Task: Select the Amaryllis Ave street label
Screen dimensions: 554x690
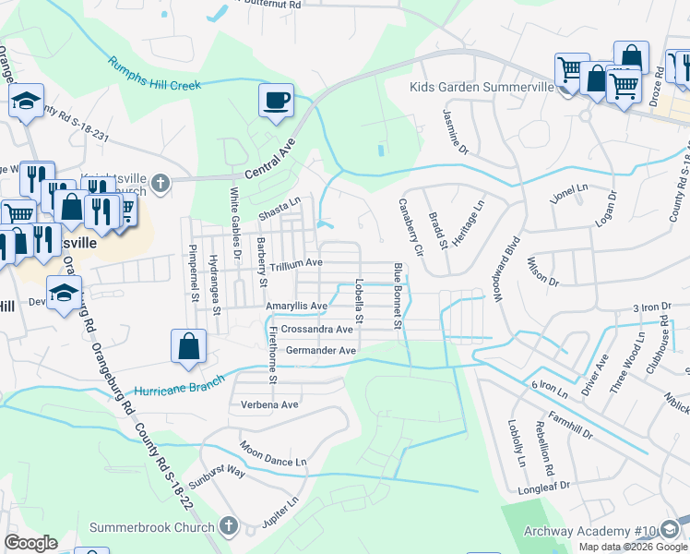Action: click(x=296, y=306)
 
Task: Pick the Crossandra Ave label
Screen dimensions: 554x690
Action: click(x=317, y=329)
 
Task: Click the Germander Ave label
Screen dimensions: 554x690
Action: click(x=319, y=351)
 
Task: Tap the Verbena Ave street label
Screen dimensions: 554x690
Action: click(x=269, y=404)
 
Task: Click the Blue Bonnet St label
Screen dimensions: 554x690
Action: click(x=399, y=295)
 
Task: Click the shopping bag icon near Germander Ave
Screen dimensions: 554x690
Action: click(x=188, y=348)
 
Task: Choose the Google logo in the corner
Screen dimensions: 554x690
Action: click(x=30, y=543)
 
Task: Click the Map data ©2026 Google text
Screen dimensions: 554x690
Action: click(x=633, y=547)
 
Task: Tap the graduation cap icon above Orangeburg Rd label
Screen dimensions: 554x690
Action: click(x=65, y=295)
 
